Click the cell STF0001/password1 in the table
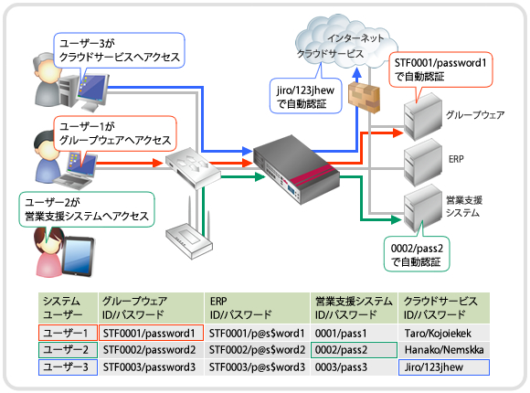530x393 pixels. pyautogui.click(x=151, y=333)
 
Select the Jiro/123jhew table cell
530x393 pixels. pyautogui.click(x=444, y=367)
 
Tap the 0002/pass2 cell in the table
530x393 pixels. pyautogui.click(x=354, y=350)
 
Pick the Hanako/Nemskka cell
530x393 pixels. pyautogui.click(x=444, y=350)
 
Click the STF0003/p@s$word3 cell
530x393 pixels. pyautogui.click(x=257, y=367)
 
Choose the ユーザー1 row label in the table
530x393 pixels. pyautogui.click(x=68, y=333)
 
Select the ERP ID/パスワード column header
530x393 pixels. pyautogui.click(x=257, y=308)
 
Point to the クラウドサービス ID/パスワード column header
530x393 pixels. pyautogui.click(x=444, y=308)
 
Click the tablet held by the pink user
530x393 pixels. pyautogui.click(x=78, y=257)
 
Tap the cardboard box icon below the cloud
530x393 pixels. pyautogui.click(x=364, y=97)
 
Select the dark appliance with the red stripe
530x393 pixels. pyautogui.click(x=296, y=169)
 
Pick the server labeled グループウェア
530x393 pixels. pyautogui.click(x=423, y=117)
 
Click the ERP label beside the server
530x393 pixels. pyautogui.click(x=456, y=159)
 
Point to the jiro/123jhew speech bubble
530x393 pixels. pyautogui.click(x=305, y=96)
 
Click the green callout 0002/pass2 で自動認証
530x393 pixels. pyautogui.click(x=417, y=254)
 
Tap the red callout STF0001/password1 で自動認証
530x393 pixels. pyautogui.click(x=440, y=70)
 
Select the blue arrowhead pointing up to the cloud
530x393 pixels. pyautogui.click(x=357, y=73)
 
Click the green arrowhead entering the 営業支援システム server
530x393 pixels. pyautogui.click(x=397, y=220)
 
